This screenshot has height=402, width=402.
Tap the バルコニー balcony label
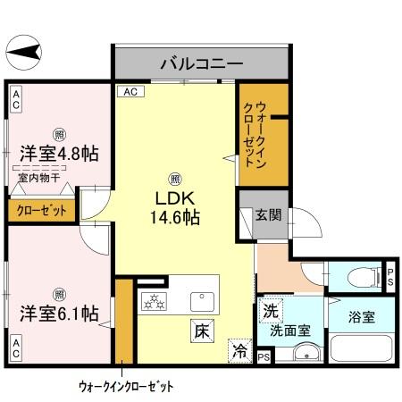[201, 64]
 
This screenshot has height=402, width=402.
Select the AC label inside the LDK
[130, 91]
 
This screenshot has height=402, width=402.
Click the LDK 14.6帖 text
[178, 205]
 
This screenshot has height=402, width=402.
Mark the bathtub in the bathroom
[362, 348]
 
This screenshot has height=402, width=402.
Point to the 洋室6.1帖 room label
[59, 314]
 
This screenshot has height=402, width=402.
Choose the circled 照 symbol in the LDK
[176, 178]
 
